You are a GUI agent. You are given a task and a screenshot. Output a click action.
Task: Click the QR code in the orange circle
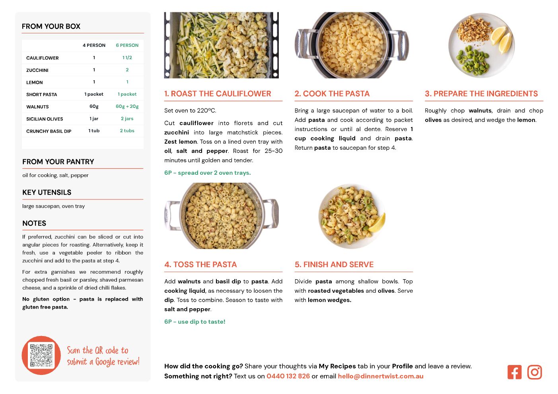(41, 355)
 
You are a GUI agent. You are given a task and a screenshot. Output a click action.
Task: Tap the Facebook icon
(514, 372)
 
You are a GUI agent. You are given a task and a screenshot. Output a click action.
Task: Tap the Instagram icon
(535, 372)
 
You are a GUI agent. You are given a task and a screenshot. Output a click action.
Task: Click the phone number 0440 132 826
(288, 376)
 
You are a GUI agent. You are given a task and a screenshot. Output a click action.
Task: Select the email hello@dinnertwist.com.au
(381, 376)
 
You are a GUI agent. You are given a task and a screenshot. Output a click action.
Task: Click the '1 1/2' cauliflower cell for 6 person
(127, 58)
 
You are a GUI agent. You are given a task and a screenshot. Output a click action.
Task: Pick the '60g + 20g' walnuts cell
(127, 106)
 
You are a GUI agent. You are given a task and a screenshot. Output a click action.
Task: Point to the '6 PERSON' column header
(127, 45)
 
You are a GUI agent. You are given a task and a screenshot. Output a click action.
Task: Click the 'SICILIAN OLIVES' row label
(45, 119)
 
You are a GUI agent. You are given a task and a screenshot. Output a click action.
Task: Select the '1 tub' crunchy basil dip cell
(94, 131)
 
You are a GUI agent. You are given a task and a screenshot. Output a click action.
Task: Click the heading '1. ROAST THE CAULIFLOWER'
(218, 94)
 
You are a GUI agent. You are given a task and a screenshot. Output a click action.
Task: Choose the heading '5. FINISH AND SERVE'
(334, 265)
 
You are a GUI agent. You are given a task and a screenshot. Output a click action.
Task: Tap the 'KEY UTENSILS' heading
(47, 192)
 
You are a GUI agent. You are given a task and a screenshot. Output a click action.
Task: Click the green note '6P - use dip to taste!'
(195, 322)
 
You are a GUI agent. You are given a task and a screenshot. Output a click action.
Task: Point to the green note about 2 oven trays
(208, 173)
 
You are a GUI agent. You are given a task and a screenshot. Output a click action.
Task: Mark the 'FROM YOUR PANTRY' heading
(58, 162)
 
